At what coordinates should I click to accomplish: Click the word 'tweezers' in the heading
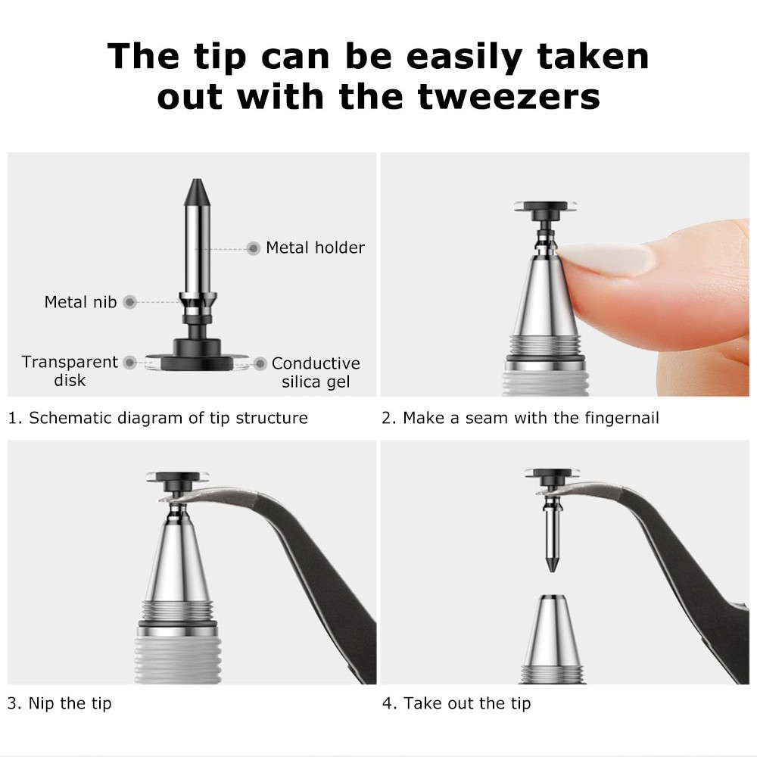pyautogui.click(x=509, y=97)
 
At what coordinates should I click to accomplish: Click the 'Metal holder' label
pyautogui.click(x=315, y=248)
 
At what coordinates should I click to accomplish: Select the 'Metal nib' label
pyautogui.click(x=81, y=302)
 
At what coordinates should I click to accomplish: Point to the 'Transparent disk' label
pyautogui.click(x=70, y=371)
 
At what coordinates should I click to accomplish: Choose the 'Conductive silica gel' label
pyautogui.click(x=316, y=372)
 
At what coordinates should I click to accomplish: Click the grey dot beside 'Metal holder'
pyautogui.click(x=254, y=248)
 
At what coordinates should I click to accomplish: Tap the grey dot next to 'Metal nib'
pyautogui.click(x=129, y=302)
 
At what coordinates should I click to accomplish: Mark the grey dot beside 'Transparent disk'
pyautogui.click(x=130, y=362)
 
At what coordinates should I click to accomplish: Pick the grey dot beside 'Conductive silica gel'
pyautogui.click(x=260, y=363)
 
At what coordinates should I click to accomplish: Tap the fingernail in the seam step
pyautogui.click(x=606, y=258)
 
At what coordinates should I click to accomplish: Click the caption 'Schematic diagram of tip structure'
pyautogui.click(x=169, y=418)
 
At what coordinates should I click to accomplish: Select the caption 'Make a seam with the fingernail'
pyautogui.click(x=531, y=418)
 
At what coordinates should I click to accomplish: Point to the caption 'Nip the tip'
pyautogui.click(x=70, y=703)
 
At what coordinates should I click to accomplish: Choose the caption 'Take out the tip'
pyautogui.click(x=467, y=703)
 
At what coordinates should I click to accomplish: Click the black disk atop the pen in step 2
pyautogui.click(x=546, y=207)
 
